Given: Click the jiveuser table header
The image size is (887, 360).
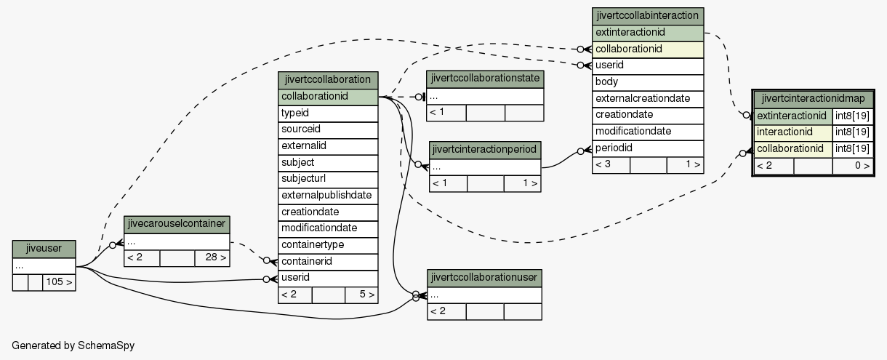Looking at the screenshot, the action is tap(44, 249).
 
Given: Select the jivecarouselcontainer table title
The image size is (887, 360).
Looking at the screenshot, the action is tap(177, 224).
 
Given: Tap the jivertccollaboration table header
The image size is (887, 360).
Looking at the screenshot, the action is tap(328, 80).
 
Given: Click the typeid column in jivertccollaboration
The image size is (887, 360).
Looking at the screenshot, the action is tap(328, 113).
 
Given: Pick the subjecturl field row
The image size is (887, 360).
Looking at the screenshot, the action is tap(328, 180).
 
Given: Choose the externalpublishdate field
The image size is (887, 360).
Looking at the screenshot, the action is tap(328, 196).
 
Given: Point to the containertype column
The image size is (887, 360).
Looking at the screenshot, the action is tap(328, 246).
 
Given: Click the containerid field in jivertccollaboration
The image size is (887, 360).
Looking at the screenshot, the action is tap(328, 262).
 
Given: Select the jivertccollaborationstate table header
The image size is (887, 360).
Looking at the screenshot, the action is tap(485, 79).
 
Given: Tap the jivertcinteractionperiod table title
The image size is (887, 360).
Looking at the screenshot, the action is tap(485, 150).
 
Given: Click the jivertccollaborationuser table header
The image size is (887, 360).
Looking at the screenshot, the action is tap(484, 278).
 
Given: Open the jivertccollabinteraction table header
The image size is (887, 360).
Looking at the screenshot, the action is tap(648, 16).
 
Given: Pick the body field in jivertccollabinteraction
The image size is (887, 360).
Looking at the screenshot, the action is tap(648, 82).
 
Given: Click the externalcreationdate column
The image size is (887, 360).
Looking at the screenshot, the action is tap(648, 99).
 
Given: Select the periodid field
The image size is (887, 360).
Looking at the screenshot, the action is tap(648, 148).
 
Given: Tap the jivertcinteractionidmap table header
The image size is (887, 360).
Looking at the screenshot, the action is tap(813, 100).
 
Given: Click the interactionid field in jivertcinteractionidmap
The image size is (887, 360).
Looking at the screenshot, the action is tap(792, 132).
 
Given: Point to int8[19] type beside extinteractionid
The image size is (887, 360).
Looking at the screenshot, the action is tap(853, 116).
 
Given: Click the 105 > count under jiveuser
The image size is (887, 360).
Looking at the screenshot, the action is tap(59, 282).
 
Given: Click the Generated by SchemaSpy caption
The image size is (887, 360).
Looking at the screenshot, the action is tap(73, 345).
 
